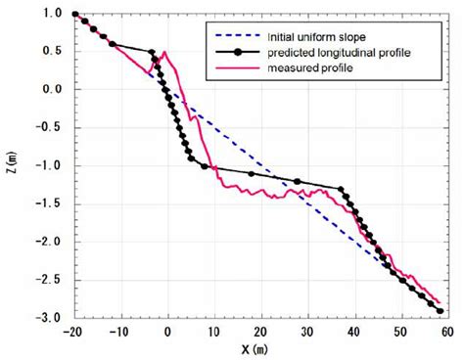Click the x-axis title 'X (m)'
click(261, 348)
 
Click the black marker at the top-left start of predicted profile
click(75, 14)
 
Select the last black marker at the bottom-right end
click(441, 311)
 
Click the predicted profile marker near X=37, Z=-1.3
click(341, 189)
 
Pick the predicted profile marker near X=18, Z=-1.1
click(252, 174)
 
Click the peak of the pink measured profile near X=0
click(164, 52)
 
